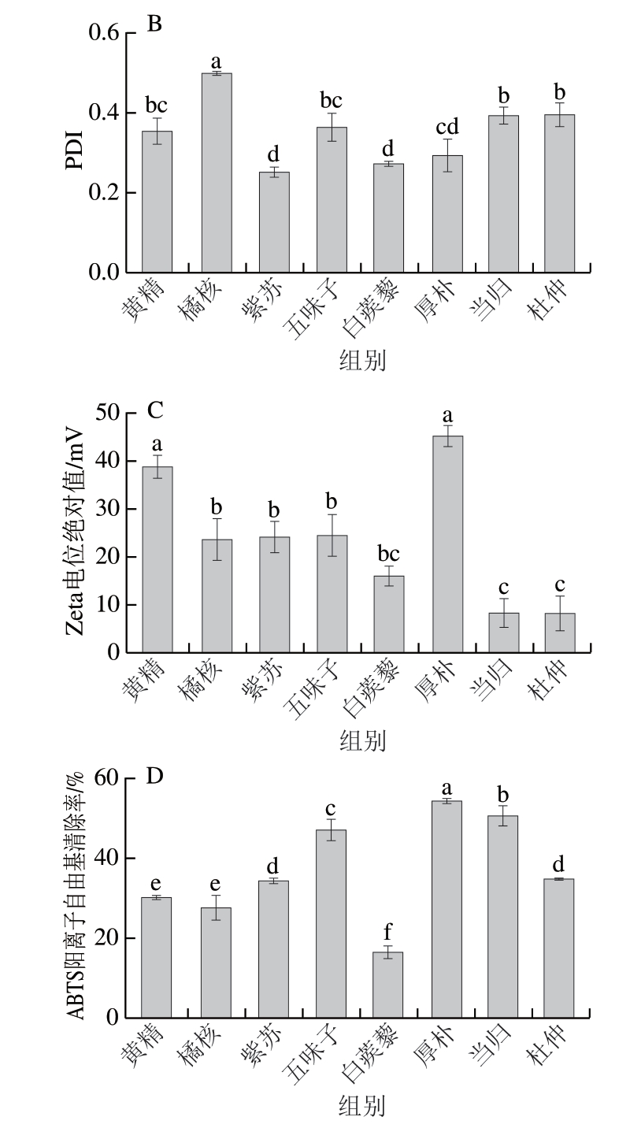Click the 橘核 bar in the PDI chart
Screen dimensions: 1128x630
217,173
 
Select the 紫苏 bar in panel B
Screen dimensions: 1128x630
274,222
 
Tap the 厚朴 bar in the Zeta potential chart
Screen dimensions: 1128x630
447,544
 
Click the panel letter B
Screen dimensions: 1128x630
154,24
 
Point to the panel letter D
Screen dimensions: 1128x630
155,777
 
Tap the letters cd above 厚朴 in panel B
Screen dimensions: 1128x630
447,126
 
